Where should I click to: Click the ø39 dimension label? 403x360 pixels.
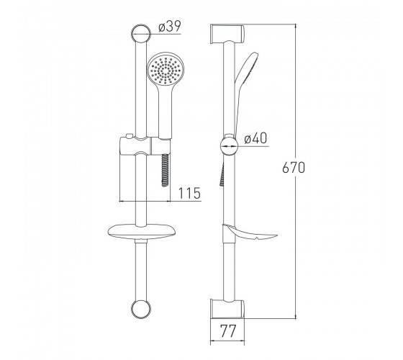pos(170,26)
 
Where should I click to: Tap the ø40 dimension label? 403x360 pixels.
pos(255,139)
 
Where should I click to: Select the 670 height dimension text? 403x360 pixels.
pos(294,168)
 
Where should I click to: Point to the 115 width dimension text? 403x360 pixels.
pos(189,193)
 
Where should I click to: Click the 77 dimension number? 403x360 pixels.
pos(227,331)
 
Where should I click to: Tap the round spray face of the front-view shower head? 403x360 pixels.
pos(166,69)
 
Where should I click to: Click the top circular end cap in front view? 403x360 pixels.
pos(141,34)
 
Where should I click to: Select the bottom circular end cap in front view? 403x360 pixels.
pos(141,309)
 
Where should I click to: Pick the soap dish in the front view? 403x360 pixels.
pos(142,232)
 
